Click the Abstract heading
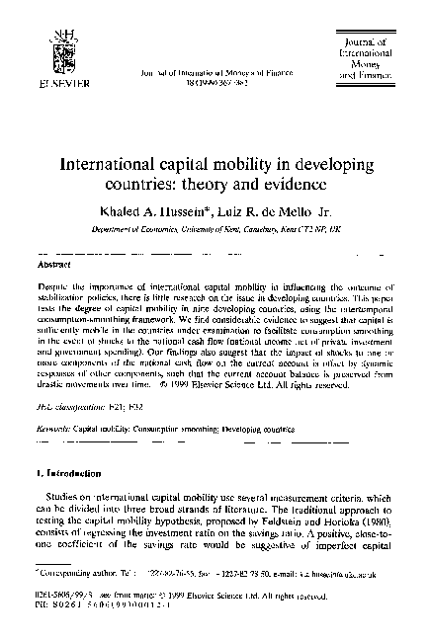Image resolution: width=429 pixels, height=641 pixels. tap(52, 266)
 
